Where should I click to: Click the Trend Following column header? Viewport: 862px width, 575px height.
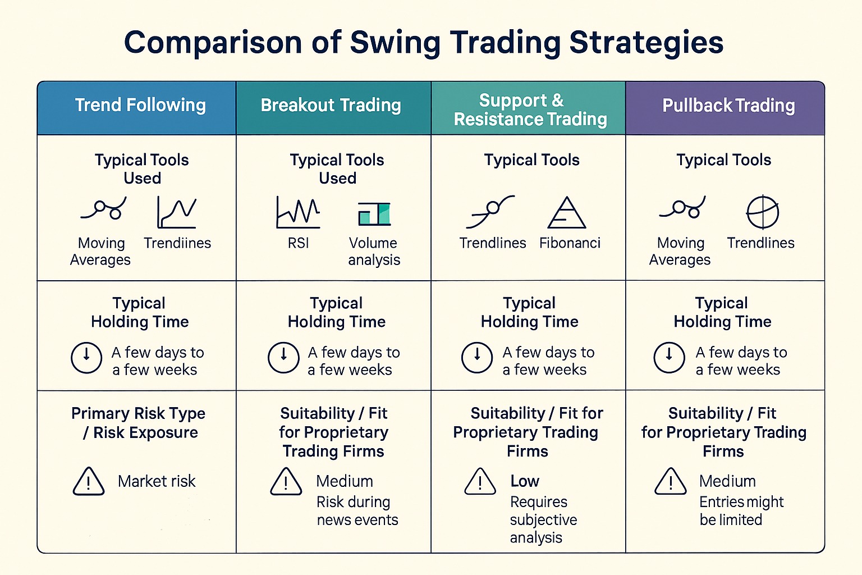click(140, 105)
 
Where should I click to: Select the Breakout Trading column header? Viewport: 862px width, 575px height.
click(331, 105)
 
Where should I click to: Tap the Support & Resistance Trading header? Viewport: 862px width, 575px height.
click(530, 109)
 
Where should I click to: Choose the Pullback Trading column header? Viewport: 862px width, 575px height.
click(728, 105)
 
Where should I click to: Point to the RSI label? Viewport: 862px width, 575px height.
click(298, 243)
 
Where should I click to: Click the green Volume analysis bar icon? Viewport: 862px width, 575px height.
click(374, 214)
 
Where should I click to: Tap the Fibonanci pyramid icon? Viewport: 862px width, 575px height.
click(566, 213)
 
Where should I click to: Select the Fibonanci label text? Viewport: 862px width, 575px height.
click(570, 243)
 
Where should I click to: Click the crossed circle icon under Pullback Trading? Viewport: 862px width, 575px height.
click(763, 212)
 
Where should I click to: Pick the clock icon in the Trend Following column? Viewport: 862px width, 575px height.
click(86, 357)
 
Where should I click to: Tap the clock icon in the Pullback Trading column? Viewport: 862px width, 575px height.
click(669, 357)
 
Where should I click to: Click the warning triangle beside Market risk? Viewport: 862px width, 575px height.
click(89, 481)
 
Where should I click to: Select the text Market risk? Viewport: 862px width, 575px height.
click(157, 481)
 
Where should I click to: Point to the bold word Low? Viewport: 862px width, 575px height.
click(525, 481)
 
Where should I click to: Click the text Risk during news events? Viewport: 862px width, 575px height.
click(357, 510)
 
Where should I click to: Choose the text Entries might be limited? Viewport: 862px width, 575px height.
click(741, 510)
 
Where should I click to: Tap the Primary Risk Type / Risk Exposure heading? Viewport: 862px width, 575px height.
click(139, 423)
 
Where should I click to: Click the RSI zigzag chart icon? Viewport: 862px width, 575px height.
click(298, 212)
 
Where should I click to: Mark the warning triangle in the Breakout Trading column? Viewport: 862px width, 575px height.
click(286, 481)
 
